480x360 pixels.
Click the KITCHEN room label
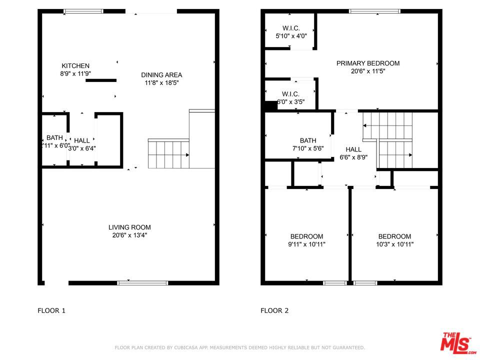(x=75, y=66)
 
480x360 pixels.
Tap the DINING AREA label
(x=161, y=75)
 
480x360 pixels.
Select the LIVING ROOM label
(x=129, y=227)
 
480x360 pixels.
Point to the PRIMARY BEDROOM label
(x=367, y=63)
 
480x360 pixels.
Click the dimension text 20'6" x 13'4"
(x=129, y=235)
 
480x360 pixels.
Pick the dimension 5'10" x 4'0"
(x=291, y=36)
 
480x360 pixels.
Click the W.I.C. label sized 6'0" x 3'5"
(x=290, y=94)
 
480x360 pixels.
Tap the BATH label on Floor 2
(x=308, y=140)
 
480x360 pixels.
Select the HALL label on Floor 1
(x=82, y=140)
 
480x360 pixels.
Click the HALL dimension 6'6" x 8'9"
(x=353, y=157)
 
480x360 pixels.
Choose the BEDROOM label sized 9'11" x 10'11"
(x=306, y=236)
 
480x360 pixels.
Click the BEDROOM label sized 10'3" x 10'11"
(x=394, y=236)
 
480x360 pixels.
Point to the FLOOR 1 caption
(x=51, y=310)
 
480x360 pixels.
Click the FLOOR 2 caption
(x=274, y=310)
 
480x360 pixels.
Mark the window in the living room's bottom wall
(x=142, y=283)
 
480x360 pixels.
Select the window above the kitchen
(x=83, y=11)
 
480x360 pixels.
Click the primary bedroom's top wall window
(x=374, y=11)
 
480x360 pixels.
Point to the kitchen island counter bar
(x=101, y=80)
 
